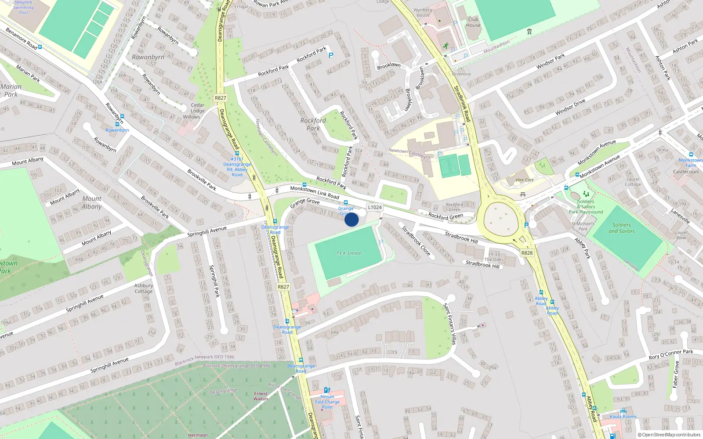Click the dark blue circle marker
click(351, 219)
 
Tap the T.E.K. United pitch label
click(348, 253)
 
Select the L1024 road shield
click(375, 207)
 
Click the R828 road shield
click(527, 253)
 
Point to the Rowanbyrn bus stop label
click(117, 130)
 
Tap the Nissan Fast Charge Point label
click(327, 402)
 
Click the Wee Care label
click(525, 180)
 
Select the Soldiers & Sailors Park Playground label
click(586, 207)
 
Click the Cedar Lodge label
click(197, 108)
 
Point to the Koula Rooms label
click(623, 417)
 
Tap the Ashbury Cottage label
click(144, 288)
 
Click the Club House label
click(473, 22)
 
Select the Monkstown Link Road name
click(315, 192)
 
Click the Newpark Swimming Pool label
click(23, 7)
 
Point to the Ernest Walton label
click(261, 396)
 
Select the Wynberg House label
click(423, 12)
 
